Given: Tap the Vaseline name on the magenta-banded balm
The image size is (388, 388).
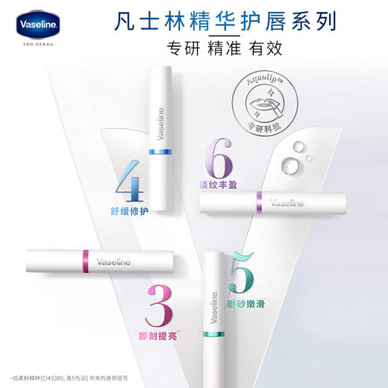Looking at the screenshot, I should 113,262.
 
